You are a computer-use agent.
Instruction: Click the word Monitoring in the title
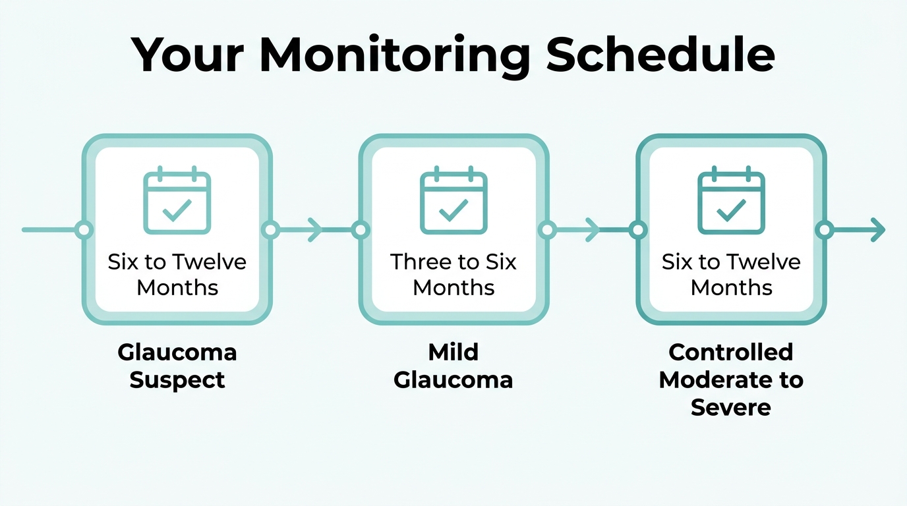click(x=394, y=56)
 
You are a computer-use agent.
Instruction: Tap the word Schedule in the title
click(x=660, y=54)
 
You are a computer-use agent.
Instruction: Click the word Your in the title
click(x=188, y=55)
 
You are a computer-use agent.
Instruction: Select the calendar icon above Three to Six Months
click(x=453, y=200)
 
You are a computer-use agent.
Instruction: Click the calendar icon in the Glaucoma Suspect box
click(x=177, y=200)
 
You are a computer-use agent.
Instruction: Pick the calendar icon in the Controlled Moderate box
click(x=731, y=200)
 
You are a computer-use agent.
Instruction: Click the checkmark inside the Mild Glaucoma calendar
click(x=453, y=210)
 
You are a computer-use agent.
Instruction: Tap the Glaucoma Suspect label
click(x=177, y=366)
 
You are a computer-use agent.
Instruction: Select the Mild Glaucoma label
click(x=453, y=366)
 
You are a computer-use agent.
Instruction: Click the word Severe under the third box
click(x=731, y=407)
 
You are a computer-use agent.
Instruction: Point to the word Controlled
click(x=731, y=352)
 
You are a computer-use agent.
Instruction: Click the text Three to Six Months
click(x=453, y=275)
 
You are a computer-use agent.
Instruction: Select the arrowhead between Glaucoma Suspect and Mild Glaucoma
click(x=315, y=230)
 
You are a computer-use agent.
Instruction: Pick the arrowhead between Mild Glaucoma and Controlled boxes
click(x=593, y=230)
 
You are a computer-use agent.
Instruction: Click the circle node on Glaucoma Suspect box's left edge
click(x=84, y=230)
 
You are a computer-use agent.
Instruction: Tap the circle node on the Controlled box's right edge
click(x=825, y=230)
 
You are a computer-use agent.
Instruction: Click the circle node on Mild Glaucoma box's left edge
click(x=360, y=230)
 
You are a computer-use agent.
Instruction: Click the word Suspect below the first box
click(x=177, y=381)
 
